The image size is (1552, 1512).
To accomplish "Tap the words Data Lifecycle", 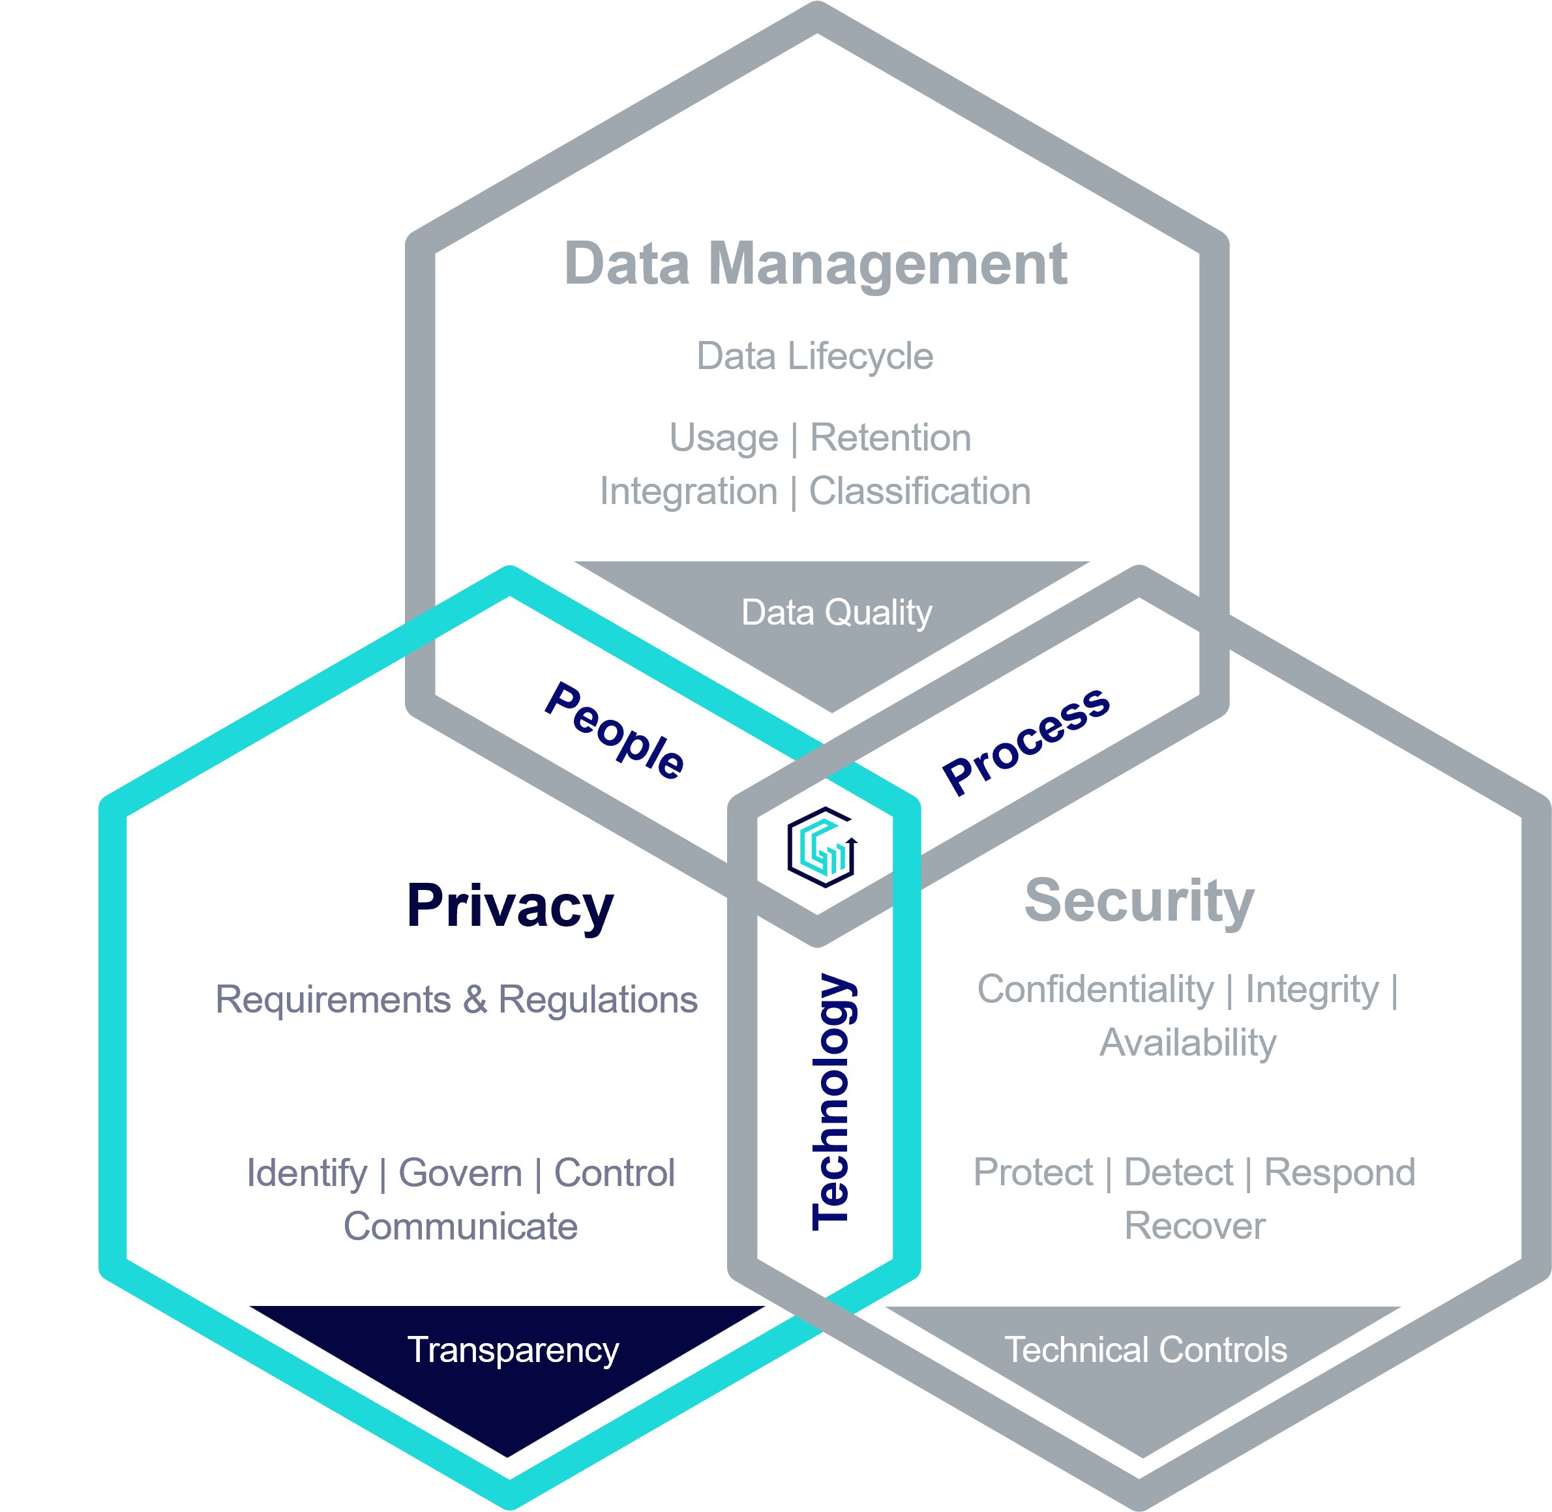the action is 815,357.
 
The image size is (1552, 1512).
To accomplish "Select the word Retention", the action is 890,437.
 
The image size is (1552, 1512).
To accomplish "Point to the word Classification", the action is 919,492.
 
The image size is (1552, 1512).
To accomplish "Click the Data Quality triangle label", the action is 837,613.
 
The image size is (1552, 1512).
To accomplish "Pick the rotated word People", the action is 614,732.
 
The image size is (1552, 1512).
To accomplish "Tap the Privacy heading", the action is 510,907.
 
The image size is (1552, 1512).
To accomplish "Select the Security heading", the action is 1139,901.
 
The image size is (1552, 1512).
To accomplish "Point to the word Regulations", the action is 598,1000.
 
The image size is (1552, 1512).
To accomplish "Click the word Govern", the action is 460,1173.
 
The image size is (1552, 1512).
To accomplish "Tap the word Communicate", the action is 460,1226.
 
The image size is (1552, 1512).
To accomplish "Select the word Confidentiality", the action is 1096,990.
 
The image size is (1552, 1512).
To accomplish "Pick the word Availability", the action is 1188,1043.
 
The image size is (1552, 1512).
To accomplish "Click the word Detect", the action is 1179,1172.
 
